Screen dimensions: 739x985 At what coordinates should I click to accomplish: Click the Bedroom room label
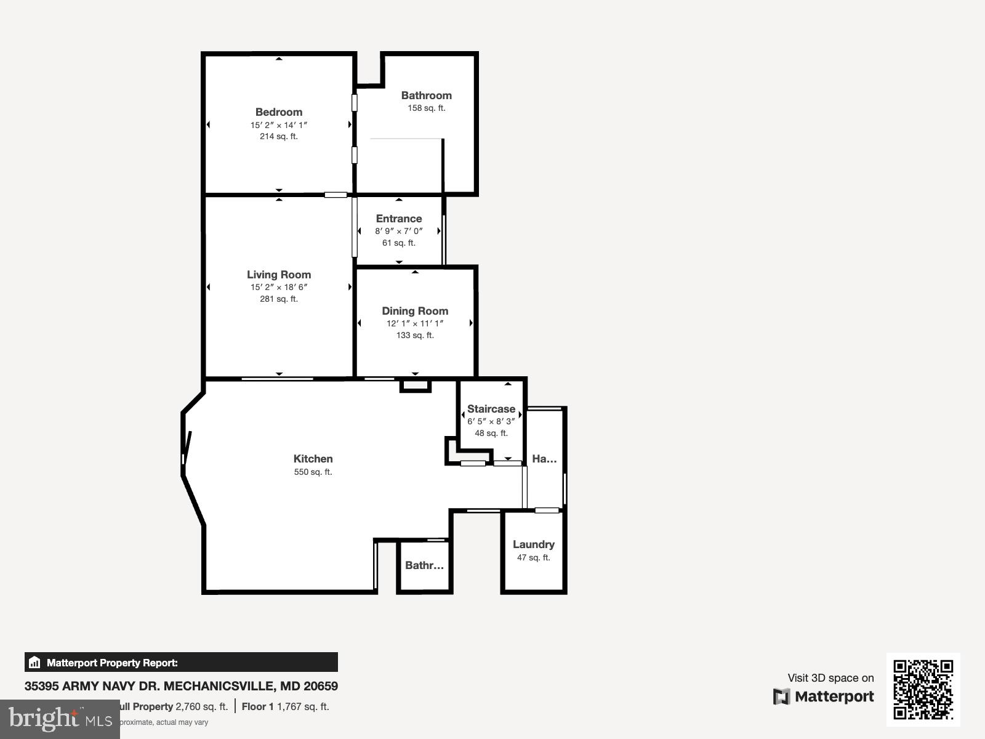[279, 112]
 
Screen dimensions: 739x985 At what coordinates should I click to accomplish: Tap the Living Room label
[279, 275]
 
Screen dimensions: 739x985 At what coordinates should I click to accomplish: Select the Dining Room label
[415, 311]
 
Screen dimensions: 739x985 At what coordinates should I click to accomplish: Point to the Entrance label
[399, 219]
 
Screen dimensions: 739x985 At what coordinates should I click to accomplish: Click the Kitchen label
[313, 459]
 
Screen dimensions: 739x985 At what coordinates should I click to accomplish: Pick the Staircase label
[491, 409]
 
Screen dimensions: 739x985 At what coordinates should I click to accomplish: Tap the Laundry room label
[534, 544]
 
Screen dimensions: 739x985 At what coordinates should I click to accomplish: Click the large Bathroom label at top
[426, 95]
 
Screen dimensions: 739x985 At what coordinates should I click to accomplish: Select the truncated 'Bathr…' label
[424, 565]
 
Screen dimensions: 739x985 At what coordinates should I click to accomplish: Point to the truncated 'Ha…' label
[544, 459]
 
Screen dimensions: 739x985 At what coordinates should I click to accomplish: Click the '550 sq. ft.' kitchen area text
[313, 472]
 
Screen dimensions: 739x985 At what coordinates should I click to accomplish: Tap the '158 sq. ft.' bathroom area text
[426, 108]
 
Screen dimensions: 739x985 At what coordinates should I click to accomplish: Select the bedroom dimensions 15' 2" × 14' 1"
[279, 125]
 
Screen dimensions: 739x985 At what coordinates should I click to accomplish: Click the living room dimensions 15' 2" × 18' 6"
[279, 288]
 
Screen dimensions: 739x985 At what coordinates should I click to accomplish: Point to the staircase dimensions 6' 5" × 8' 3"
[491, 422]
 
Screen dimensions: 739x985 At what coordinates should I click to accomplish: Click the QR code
[923, 689]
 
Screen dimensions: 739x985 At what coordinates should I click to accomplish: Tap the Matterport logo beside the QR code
[824, 697]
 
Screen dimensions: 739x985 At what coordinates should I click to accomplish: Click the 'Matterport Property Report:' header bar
[181, 663]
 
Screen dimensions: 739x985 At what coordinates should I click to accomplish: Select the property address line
[181, 686]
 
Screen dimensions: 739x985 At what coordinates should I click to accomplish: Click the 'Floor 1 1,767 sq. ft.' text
[285, 706]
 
